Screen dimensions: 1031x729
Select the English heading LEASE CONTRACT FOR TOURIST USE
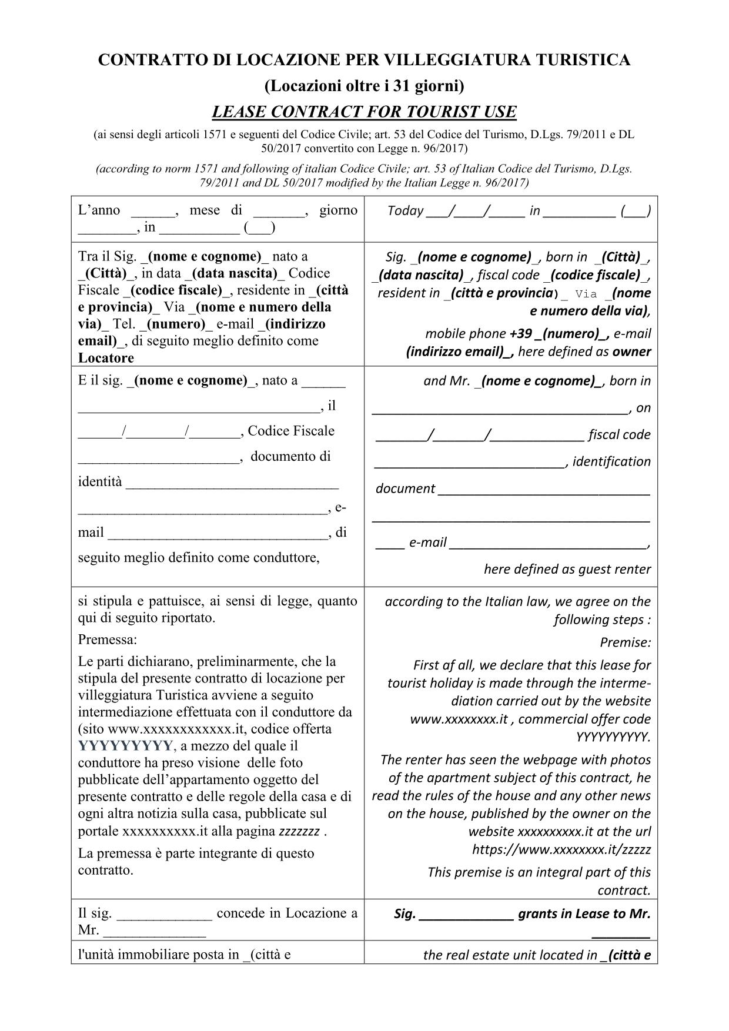364,112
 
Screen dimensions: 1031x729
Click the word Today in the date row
405,210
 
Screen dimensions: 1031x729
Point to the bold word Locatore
106,358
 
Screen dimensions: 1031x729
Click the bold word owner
631,352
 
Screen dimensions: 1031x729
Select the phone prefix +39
521,334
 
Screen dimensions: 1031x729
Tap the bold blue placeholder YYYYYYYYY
126,746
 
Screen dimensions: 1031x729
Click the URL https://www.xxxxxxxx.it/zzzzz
561,849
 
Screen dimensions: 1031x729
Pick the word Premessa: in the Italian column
108,640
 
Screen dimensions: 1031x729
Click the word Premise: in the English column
625,642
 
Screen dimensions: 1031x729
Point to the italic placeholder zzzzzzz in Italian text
299,831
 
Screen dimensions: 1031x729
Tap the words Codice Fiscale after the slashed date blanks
291,431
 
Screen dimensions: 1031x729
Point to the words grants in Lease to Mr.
584,914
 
